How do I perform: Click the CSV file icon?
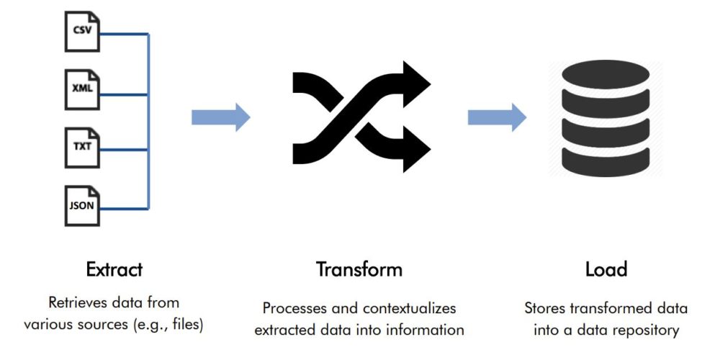pos(82,32)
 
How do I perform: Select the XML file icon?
pos(82,89)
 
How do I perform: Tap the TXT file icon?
pos(82,148)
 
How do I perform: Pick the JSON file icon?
pos(82,206)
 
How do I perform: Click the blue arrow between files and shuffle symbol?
pos(221,117)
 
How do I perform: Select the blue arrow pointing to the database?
pos(498,117)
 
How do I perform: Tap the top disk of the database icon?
pos(606,74)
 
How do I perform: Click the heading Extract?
pos(114,269)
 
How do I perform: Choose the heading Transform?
pos(359,269)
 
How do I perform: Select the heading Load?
pos(606,269)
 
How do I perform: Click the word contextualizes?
pos(409,308)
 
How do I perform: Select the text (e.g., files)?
pos(167,325)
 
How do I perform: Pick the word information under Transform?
pos(428,330)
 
